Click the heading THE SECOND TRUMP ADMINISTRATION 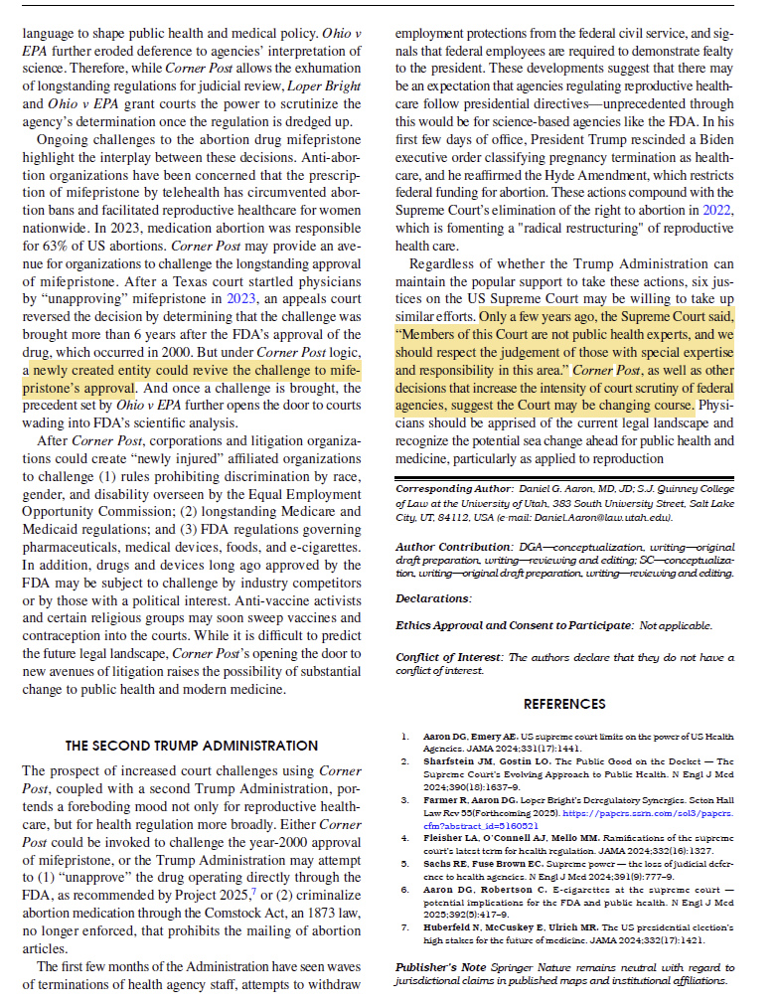coord(191,746)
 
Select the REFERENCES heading coord(564,704)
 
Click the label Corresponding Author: coord(451,490)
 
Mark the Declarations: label coord(433,598)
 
